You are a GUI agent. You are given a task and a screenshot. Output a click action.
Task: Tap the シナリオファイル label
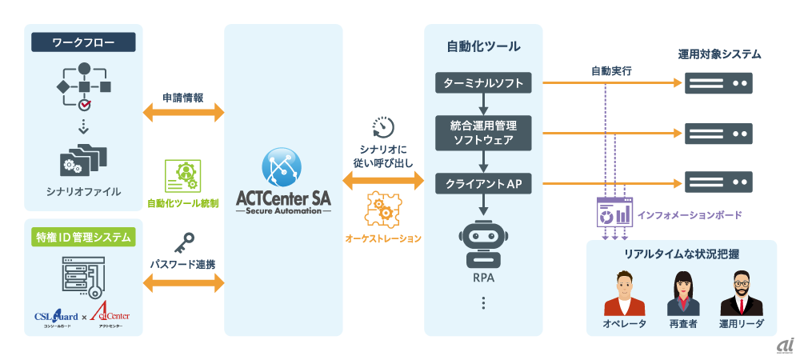(83, 191)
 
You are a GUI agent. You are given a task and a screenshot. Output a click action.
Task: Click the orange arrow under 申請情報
(183, 113)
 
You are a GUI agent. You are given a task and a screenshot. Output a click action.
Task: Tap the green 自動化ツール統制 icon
(182, 174)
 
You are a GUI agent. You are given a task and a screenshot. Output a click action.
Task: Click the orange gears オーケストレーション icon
(383, 209)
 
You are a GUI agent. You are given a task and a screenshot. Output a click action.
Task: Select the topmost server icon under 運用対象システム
(718, 82)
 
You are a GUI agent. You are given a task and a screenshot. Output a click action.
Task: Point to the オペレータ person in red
(624, 294)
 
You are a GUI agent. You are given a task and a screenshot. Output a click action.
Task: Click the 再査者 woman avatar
(683, 294)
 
